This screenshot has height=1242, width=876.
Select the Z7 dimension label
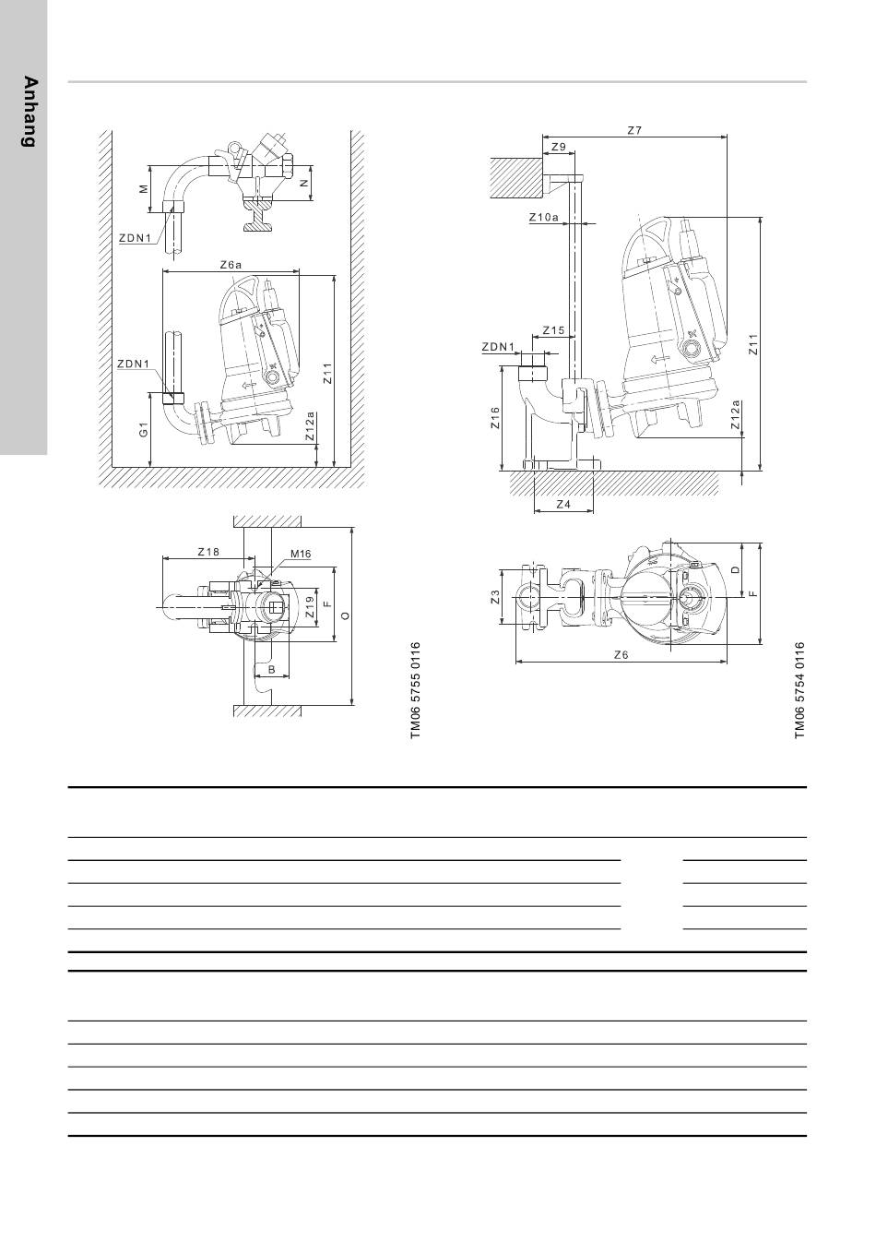tap(634, 130)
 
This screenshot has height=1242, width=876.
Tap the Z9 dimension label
tap(559, 147)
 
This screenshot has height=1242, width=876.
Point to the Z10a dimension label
tap(544, 218)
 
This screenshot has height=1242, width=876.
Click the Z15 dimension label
tap(553, 330)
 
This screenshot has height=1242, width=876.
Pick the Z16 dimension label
tap(495, 418)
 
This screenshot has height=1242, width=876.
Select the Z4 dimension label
tap(563, 505)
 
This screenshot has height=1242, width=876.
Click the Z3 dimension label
tap(495, 597)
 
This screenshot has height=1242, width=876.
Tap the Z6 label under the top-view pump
tap(621, 655)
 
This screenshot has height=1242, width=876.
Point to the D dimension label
tap(735, 569)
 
